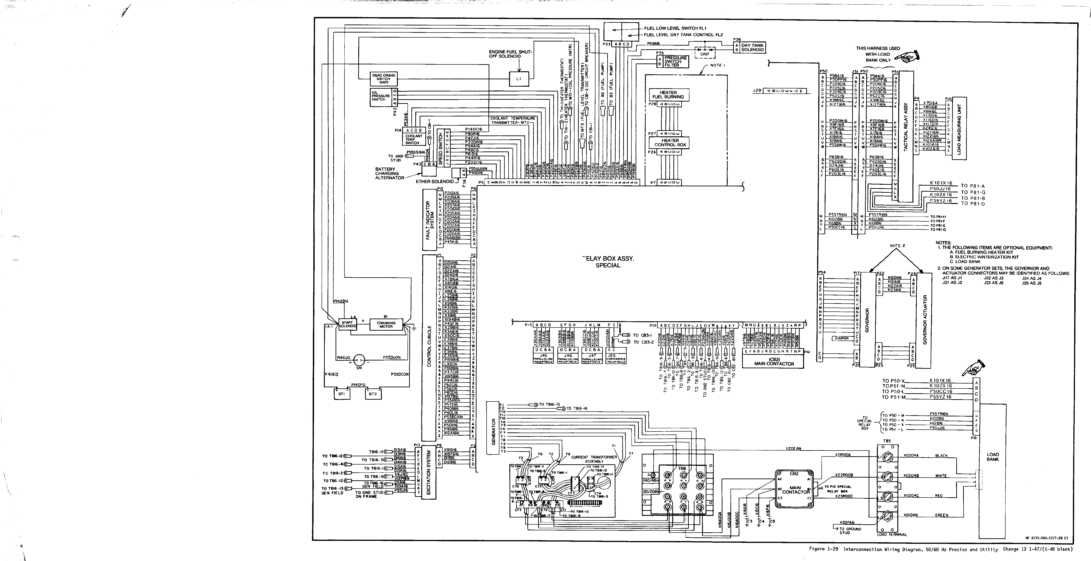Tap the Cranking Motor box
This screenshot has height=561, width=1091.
tap(386, 325)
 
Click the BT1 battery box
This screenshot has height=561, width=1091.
tap(342, 394)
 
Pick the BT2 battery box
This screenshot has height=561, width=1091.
tap(373, 394)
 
